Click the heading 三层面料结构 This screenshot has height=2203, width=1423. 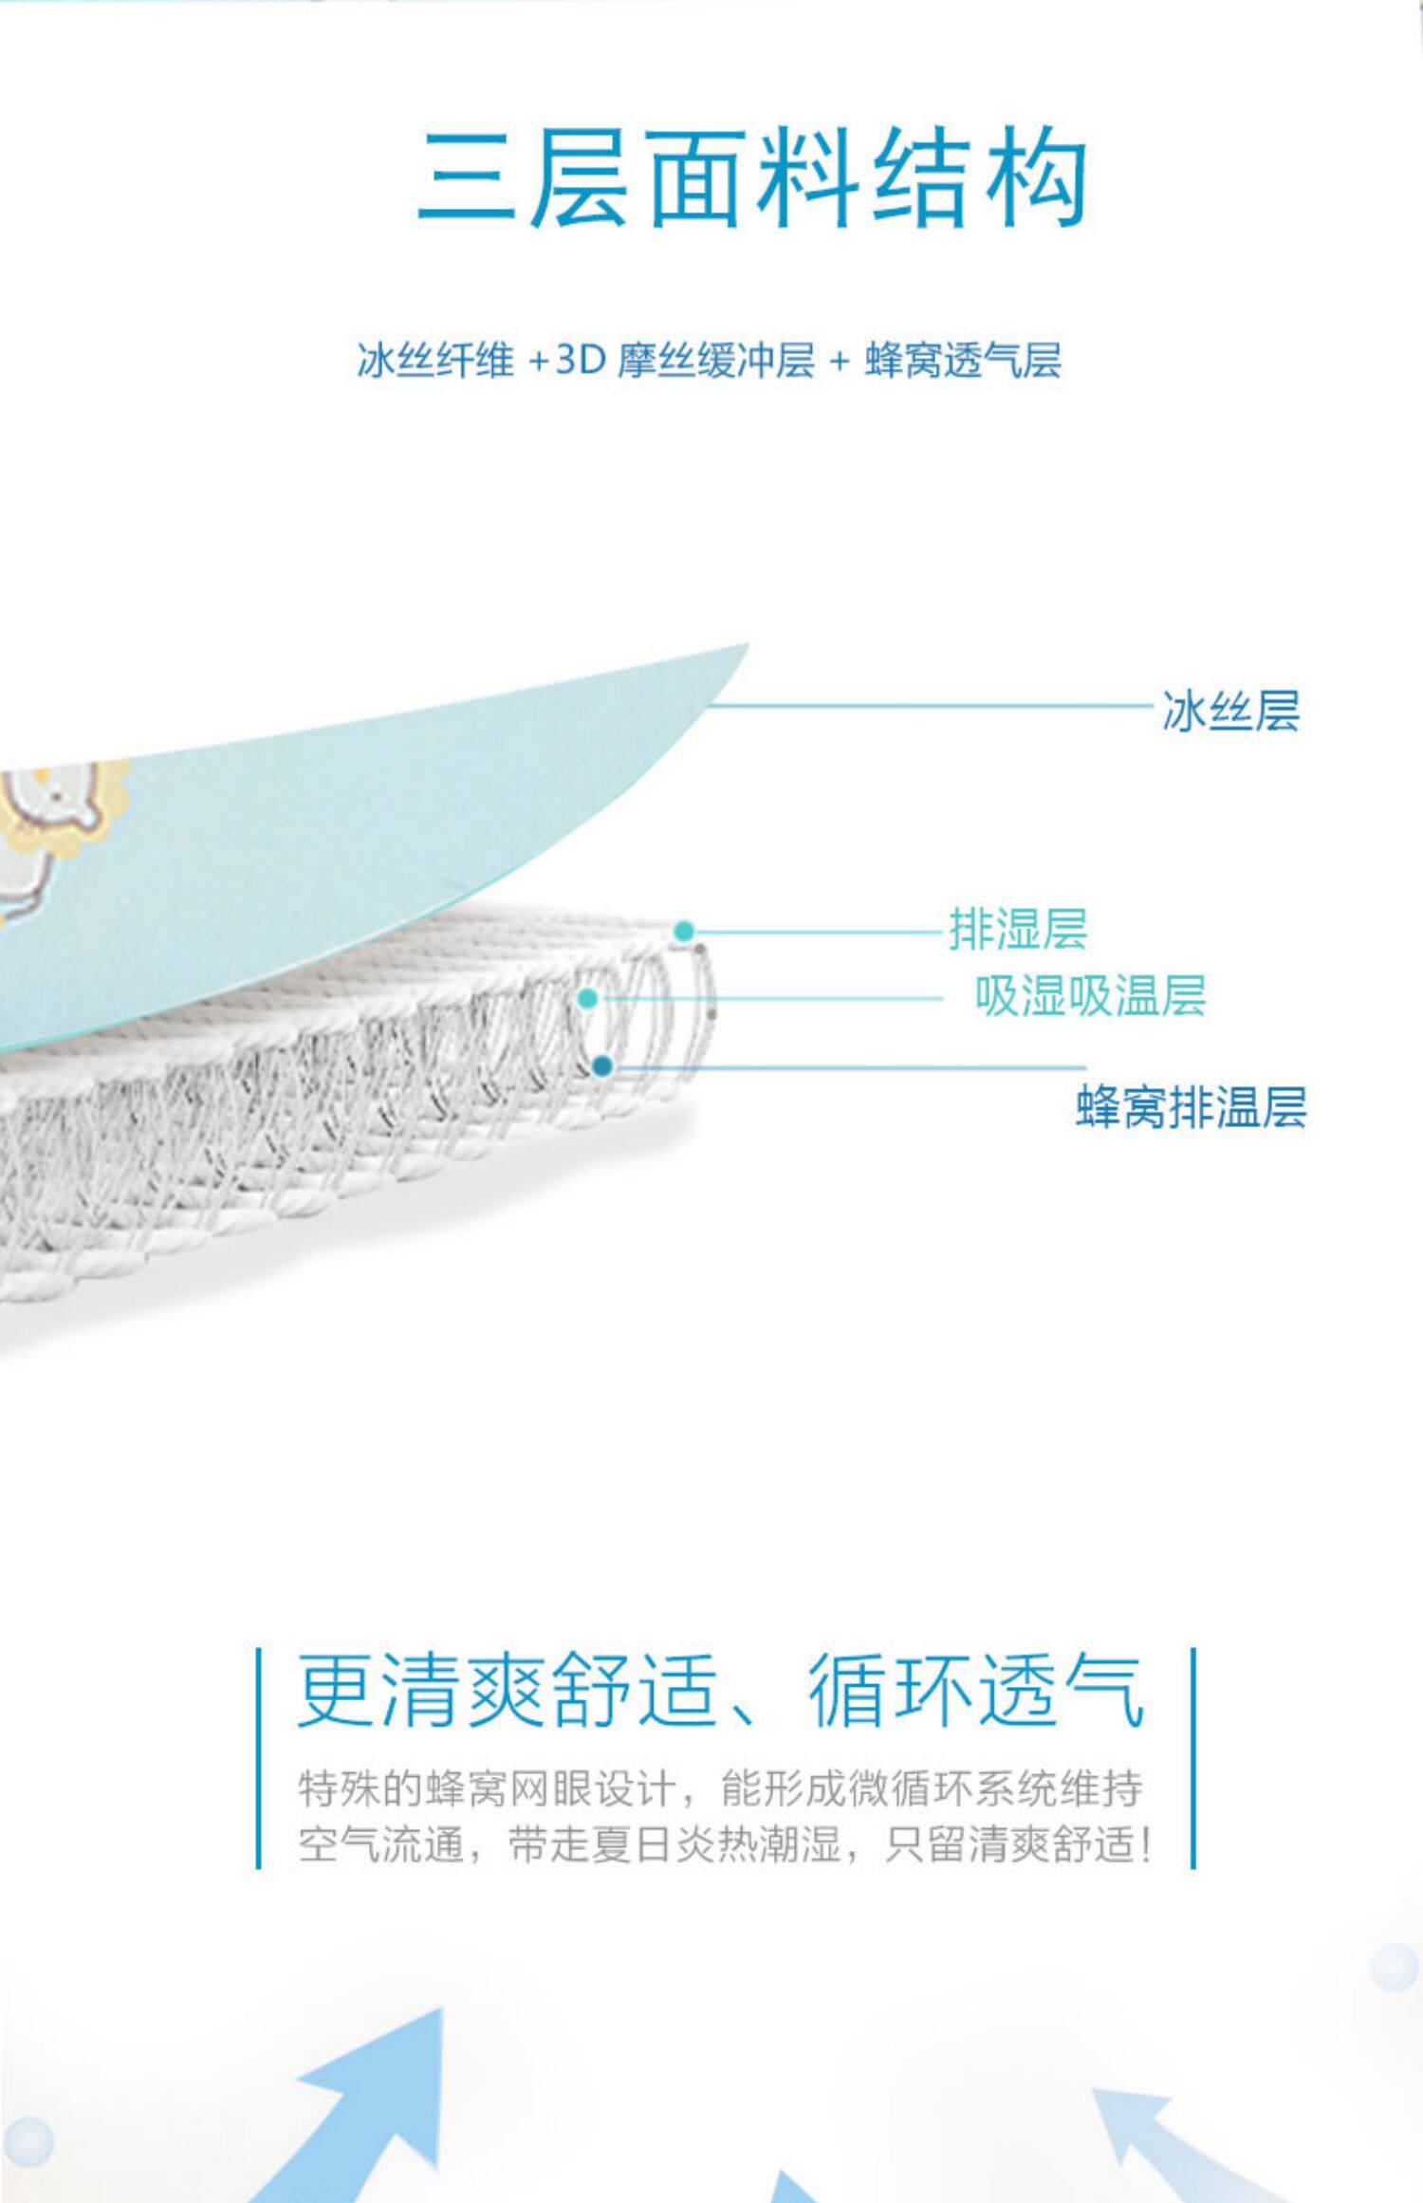tap(751, 180)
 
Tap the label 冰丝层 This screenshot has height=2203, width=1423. tap(1230, 711)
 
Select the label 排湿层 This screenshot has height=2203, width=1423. tap(1018, 929)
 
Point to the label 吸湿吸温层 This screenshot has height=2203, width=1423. tap(1091, 996)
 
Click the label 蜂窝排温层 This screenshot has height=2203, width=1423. tap(1191, 1107)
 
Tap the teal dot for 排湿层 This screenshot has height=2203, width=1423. tap(684, 931)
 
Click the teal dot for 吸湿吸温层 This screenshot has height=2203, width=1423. tap(587, 998)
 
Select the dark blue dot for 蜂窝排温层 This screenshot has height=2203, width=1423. tap(601, 1067)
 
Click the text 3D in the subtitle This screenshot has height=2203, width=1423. tap(580, 361)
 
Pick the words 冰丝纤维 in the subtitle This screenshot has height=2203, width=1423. tap(434, 361)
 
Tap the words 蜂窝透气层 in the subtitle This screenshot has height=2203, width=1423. tap(963, 361)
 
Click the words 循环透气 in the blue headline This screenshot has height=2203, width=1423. tap(977, 1691)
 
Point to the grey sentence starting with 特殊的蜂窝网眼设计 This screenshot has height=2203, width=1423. tap(721, 1788)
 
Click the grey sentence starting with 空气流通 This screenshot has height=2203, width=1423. tap(725, 1845)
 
